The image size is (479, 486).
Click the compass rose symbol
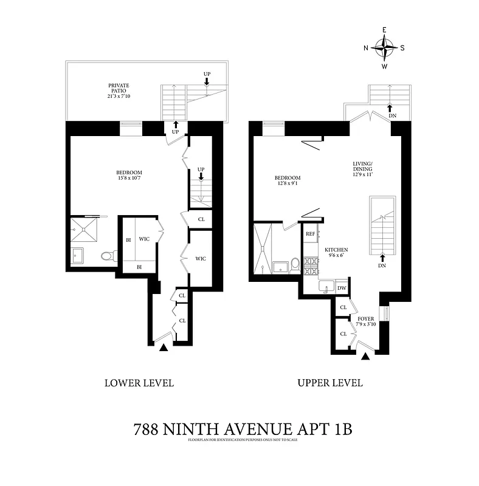(x=384, y=47)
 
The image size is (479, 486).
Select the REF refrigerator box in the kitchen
(x=310, y=233)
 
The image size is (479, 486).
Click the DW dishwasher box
(x=342, y=288)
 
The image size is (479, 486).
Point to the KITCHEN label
(x=336, y=250)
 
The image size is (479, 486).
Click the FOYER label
(x=365, y=318)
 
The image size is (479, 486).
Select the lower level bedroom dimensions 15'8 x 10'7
(x=129, y=179)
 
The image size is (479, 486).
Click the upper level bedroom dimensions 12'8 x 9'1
(x=288, y=184)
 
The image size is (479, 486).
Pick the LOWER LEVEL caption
(x=139, y=383)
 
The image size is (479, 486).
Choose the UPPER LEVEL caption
(x=329, y=383)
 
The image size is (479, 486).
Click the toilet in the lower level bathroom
(x=108, y=256)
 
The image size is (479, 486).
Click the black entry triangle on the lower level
(x=163, y=347)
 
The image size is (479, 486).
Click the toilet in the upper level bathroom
(x=295, y=264)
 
